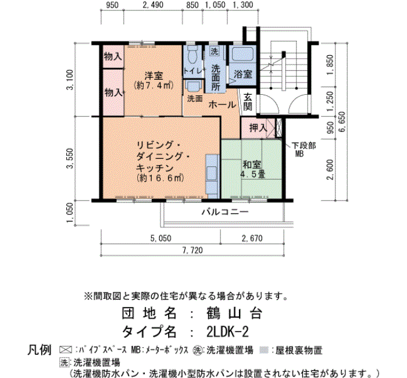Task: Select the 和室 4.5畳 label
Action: coord(254,168)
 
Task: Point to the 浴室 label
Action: coord(242,74)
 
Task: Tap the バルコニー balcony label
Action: coord(224,212)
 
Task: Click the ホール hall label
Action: coord(222,105)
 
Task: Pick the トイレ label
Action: coord(192,71)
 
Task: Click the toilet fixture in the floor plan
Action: coord(191,56)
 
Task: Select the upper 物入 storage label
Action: coord(113,57)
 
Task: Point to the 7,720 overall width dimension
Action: coord(192,251)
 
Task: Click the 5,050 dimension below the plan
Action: coord(160,238)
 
